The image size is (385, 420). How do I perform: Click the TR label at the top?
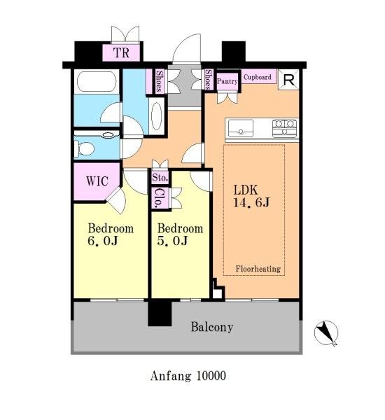[121, 52]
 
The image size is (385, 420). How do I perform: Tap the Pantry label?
[227, 81]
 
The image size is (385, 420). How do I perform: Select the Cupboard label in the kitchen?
[257, 77]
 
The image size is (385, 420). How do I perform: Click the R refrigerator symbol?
[288, 80]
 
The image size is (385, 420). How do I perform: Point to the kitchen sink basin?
[241, 128]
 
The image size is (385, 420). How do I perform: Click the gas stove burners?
[284, 128]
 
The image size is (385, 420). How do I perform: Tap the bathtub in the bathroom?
[97, 80]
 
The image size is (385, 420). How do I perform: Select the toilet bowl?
[85, 148]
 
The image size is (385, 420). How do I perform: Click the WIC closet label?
[97, 181]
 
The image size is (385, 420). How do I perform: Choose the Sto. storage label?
[160, 177]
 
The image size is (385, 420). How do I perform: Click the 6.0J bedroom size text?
[103, 241]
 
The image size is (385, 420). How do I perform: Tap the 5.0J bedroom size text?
[172, 241]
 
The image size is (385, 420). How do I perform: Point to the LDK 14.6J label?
[251, 196]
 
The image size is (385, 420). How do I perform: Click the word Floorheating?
[258, 269]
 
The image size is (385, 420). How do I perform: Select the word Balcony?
[212, 327]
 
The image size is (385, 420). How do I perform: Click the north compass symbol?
[326, 333]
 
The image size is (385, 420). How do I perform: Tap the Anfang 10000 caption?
[188, 375]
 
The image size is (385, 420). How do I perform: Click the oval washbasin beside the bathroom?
[157, 116]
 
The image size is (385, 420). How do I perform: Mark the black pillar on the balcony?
[160, 313]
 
